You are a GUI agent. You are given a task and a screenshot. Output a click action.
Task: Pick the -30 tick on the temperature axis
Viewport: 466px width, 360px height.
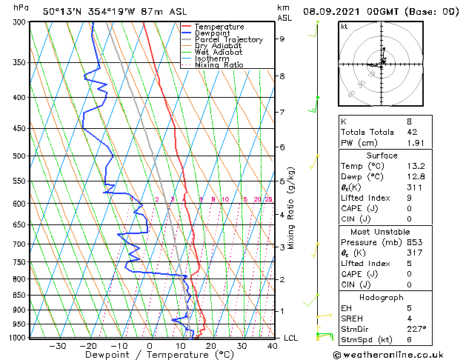[57, 346]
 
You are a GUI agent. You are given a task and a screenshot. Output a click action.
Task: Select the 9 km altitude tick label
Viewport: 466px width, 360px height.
[282, 39]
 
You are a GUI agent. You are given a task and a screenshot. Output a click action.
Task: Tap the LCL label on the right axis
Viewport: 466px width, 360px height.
[291, 339]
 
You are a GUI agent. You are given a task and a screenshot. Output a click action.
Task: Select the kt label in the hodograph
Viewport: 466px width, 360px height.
[344, 26]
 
